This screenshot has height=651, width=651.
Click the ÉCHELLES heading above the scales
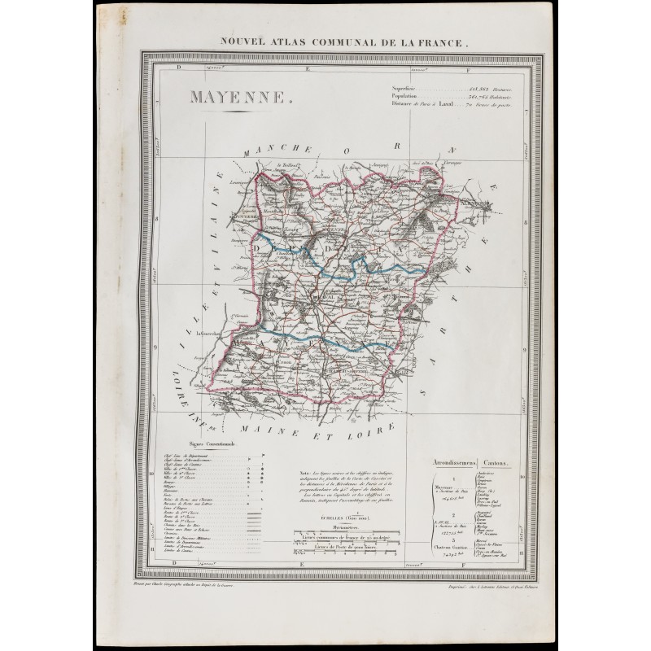coord(342,516)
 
